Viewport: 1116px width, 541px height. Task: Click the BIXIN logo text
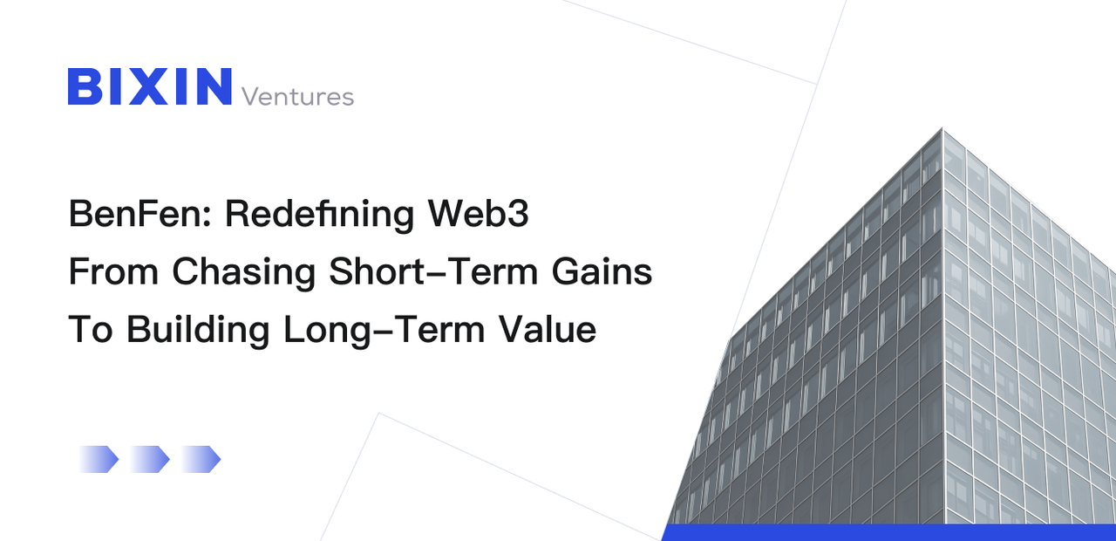(150, 86)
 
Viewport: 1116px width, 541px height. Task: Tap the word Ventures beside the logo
(297, 96)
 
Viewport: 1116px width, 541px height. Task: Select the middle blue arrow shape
(150, 459)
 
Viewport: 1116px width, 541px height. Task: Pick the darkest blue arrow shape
(202, 459)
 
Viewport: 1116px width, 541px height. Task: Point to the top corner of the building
(942, 131)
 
